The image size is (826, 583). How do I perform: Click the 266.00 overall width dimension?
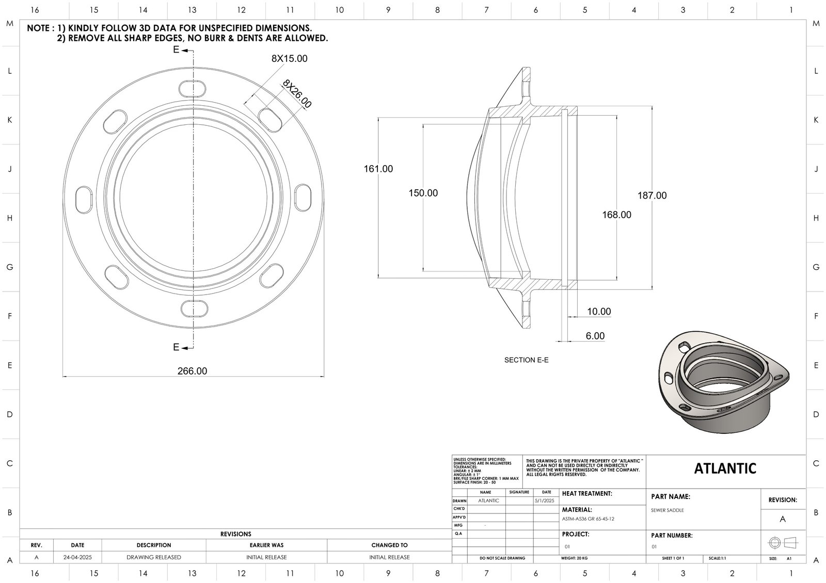[193, 371]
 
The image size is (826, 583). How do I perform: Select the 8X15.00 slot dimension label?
[289, 59]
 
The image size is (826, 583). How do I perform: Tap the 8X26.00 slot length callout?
[297, 94]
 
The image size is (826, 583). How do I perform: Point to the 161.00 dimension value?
[378, 169]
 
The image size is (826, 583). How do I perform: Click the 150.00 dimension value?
[423, 193]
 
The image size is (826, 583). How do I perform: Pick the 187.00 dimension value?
[652, 196]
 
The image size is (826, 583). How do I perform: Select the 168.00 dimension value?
[616, 215]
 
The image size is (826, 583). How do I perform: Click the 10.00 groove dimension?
[598, 312]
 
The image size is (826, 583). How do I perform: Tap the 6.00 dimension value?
[595, 336]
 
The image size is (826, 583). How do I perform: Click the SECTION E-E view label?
[526, 360]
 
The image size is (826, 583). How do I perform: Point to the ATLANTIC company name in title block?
[725, 468]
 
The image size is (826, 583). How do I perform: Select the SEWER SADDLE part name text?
[668, 510]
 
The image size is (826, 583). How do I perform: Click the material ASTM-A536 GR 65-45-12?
[588, 519]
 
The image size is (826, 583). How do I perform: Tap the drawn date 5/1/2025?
[544, 500]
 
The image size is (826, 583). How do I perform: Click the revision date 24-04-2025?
[77, 557]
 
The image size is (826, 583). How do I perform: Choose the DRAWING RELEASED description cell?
[154, 557]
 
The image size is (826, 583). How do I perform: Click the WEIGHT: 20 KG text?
[574, 558]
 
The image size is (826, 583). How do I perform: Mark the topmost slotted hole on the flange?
[194, 88]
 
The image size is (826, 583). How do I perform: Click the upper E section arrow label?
[176, 50]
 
